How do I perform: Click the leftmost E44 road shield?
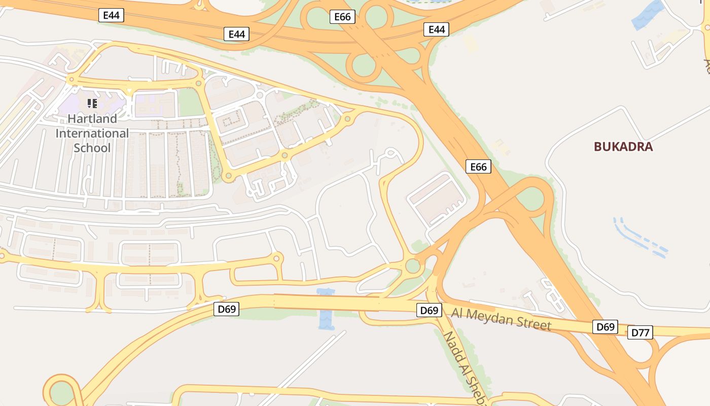pyautogui.click(x=111, y=15)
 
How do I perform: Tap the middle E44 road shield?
pyautogui.click(x=236, y=34)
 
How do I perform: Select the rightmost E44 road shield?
pyautogui.click(x=437, y=29)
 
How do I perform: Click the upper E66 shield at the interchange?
pyautogui.click(x=342, y=17)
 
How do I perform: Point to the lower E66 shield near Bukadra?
pyautogui.click(x=478, y=166)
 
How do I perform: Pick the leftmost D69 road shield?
pyautogui.click(x=226, y=309)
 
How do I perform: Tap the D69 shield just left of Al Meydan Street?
pyautogui.click(x=429, y=310)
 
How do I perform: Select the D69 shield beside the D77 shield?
pyautogui.click(x=606, y=327)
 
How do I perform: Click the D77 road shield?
pyautogui.click(x=640, y=333)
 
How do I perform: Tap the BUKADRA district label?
pyautogui.click(x=623, y=147)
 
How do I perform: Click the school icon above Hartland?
pyautogui.click(x=92, y=104)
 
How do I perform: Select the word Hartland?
pyautogui.click(x=92, y=119)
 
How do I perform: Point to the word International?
pyautogui.click(x=92, y=133)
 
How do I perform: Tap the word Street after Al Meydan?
pyautogui.click(x=533, y=324)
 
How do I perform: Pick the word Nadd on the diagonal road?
pyautogui.click(x=451, y=343)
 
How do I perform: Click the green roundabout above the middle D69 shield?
pyautogui.click(x=413, y=266)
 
